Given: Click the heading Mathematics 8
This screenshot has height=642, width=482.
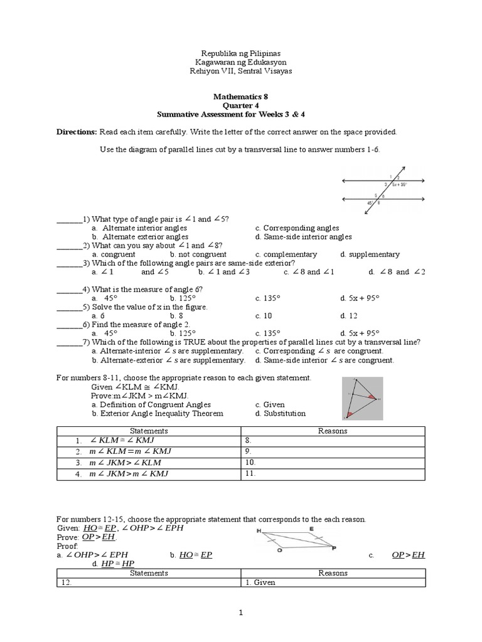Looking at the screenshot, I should (x=240, y=97).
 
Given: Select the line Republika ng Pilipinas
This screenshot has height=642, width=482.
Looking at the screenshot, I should (x=240, y=53).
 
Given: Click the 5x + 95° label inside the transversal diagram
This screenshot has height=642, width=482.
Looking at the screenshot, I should (x=400, y=184).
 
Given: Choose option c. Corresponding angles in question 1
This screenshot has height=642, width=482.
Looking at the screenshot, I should (x=297, y=228).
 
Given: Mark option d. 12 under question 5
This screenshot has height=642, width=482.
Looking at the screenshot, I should (x=348, y=316).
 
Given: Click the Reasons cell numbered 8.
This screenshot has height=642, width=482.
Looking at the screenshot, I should (x=333, y=441).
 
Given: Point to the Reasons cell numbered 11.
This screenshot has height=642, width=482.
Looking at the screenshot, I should (x=333, y=474).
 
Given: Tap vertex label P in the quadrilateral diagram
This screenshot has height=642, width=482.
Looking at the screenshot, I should (x=333, y=547).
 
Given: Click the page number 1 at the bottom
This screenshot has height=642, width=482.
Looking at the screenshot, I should (x=240, y=614).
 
